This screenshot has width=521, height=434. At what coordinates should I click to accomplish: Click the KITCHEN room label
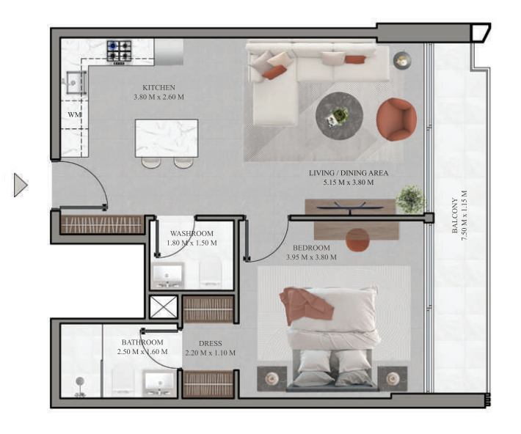[159, 88]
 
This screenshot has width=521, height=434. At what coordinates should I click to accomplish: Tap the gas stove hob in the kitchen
[120, 51]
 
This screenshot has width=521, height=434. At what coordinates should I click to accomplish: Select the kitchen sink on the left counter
[75, 83]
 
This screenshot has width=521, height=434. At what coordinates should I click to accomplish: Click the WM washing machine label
[74, 115]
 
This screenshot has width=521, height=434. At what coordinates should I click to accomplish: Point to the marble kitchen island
[166, 137]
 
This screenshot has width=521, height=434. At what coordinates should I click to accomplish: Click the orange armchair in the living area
[396, 118]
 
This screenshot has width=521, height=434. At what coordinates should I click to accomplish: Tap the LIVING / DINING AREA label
[348, 174]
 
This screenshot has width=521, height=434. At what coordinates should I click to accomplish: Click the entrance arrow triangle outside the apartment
[20, 184]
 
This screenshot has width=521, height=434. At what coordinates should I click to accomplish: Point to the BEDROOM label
[311, 248]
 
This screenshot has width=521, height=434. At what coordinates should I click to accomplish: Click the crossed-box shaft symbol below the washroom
[163, 307]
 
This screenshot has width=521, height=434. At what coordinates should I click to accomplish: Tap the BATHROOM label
[142, 342]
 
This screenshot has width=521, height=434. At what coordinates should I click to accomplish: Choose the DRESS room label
[210, 343]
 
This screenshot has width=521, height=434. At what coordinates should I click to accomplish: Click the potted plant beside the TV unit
[409, 199]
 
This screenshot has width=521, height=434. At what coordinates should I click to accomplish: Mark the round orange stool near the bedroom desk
[357, 239]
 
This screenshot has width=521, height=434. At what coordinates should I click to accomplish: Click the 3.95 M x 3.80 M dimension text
[311, 257]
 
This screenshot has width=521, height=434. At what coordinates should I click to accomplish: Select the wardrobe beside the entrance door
[102, 224]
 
